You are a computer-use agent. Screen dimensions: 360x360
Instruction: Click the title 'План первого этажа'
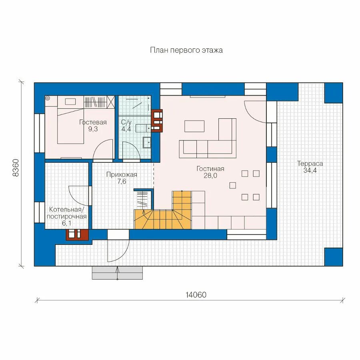tap(186, 50)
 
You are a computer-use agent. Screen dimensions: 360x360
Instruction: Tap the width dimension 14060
tap(196, 295)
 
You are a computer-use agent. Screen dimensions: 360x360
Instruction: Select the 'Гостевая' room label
tap(93, 122)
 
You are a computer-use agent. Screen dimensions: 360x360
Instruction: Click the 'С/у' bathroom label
tap(126, 122)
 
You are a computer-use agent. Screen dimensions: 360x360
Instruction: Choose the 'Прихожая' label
tap(122, 175)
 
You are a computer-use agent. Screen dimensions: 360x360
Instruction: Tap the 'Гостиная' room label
tap(210, 169)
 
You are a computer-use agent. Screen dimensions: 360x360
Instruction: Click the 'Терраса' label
tap(310, 164)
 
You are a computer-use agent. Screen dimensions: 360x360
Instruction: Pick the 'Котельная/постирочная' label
tap(66, 213)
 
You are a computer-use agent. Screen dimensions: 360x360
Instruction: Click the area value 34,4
tap(310, 170)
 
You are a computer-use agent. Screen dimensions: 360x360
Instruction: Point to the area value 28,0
tap(210, 176)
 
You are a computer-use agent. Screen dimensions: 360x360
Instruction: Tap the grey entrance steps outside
tap(117, 273)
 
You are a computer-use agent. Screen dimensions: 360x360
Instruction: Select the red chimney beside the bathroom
tap(157, 121)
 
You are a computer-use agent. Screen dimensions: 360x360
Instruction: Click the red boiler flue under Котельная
tap(77, 234)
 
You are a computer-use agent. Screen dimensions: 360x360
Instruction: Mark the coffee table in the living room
tap(194, 126)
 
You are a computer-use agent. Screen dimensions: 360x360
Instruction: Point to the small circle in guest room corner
tap(48, 98)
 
